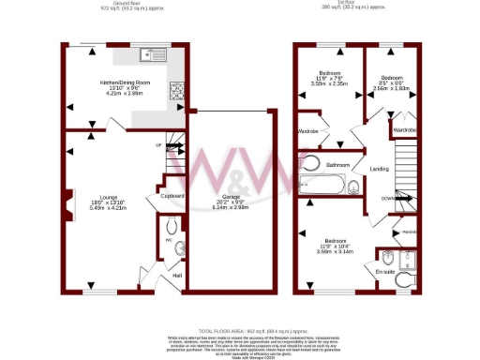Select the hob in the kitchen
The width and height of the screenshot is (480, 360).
[176, 90]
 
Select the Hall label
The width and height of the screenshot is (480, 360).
[175, 277]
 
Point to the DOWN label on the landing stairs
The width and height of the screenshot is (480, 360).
[387, 198]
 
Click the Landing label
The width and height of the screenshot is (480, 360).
[381, 169]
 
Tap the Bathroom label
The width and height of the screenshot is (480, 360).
[337, 165]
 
